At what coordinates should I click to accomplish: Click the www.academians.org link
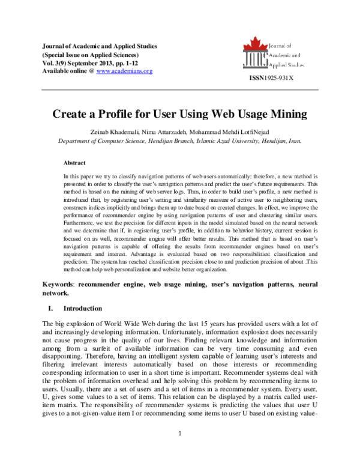click(x=125, y=71)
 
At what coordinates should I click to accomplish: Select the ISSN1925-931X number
click(x=271, y=79)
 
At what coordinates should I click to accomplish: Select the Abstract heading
click(x=75, y=163)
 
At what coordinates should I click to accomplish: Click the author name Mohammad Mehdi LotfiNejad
click(x=239, y=132)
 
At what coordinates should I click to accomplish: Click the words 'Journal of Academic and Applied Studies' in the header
click(x=100, y=46)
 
